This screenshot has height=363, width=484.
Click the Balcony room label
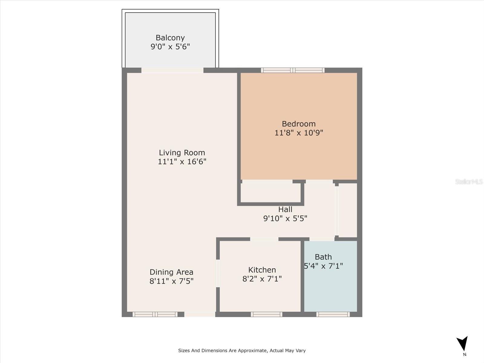[170, 38]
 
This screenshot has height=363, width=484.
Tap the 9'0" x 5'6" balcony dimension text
[170, 47]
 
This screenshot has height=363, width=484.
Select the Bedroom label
[299, 124]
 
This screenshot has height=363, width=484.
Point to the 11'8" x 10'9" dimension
[299, 133]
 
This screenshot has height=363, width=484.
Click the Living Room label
[182, 152]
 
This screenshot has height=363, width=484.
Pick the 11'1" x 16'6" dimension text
[182, 162]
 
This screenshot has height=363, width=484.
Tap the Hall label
[285, 209]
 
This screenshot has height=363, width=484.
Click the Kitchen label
[262, 270]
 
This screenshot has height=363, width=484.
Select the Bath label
[323, 257]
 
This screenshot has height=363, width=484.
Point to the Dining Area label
[171, 272]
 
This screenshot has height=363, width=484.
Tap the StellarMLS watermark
[469, 181]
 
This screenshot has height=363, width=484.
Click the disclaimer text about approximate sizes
[242, 351]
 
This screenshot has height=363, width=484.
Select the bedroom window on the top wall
[293, 70]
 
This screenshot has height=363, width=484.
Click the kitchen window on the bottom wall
[267, 315]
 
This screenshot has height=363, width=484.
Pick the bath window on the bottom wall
[333, 315]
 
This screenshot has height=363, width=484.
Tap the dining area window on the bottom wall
[155, 315]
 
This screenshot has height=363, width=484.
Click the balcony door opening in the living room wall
[172, 70]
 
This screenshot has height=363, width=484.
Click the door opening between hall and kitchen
[264, 239]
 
